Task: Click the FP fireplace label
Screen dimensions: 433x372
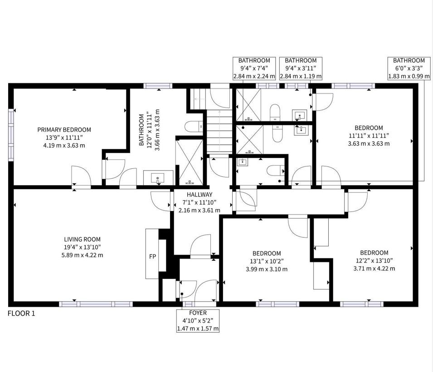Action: (x=152, y=256)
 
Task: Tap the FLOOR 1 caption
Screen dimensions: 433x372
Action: (x=22, y=313)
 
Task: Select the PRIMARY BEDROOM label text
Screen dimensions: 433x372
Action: (x=64, y=130)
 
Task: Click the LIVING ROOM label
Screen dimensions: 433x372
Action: (x=82, y=240)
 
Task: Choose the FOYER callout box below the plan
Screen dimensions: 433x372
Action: (x=198, y=321)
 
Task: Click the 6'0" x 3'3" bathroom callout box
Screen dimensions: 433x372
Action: (x=409, y=69)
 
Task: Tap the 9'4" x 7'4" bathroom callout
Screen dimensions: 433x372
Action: (x=254, y=69)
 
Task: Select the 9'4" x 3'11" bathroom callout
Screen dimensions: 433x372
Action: (x=301, y=69)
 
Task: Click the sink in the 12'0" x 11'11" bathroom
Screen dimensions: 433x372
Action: (x=158, y=178)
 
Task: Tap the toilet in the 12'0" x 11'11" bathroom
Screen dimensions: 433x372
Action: (x=194, y=127)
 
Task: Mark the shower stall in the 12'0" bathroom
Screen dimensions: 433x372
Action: (x=190, y=162)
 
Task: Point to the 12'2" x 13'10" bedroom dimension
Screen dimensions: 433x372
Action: (x=374, y=260)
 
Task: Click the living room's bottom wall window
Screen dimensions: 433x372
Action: (x=96, y=304)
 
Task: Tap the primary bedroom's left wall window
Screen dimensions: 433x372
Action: (x=11, y=135)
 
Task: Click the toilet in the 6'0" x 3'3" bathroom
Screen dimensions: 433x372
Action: (x=276, y=170)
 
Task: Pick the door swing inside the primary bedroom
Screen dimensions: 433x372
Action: (x=81, y=176)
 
